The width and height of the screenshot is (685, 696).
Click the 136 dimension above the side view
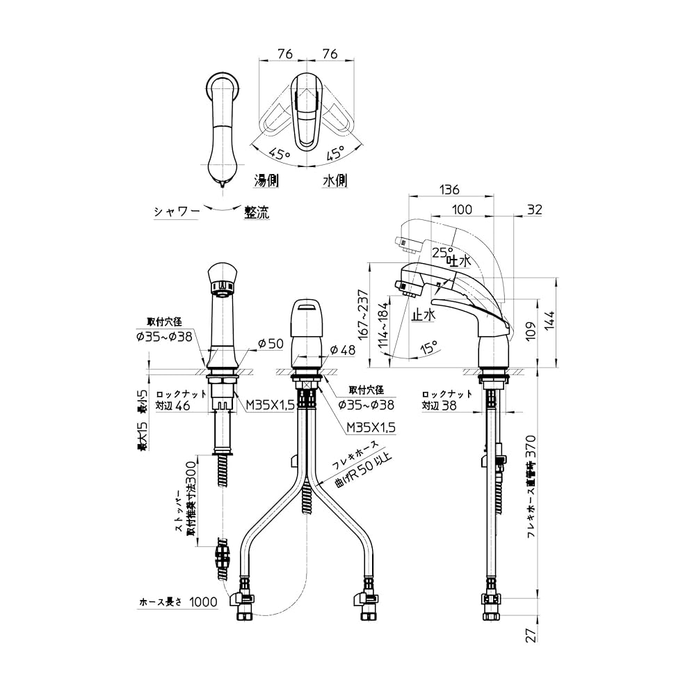coord(451,189)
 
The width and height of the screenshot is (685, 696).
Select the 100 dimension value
coord(462,209)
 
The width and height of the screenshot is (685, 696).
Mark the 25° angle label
coord(441,251)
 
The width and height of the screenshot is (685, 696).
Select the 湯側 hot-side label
coord(266,180)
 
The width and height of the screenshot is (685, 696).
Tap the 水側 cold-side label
coord(335,180)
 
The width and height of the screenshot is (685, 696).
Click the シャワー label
coord(177,212)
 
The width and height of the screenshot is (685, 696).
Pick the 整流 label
coord(256,212)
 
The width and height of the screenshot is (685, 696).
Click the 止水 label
coord(423,315)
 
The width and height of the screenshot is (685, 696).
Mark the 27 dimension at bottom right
coord(531,635)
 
